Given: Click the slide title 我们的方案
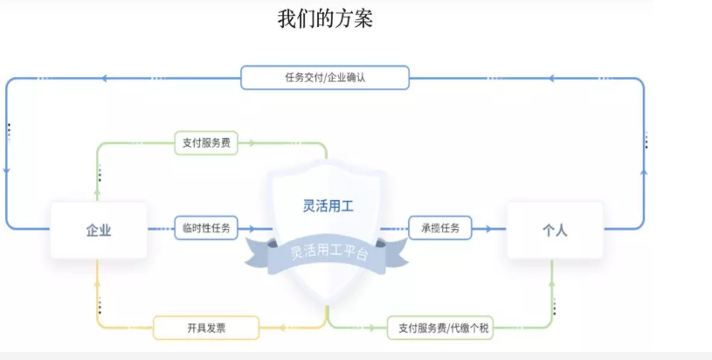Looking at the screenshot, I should point(325,18).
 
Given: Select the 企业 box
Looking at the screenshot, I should point(98,230).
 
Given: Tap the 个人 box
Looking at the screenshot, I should point(555,230).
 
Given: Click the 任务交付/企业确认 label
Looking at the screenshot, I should point(325,78).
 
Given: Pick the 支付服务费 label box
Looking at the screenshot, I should point(206,143).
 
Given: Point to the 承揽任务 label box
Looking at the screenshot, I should point(439,228).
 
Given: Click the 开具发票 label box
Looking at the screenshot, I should point(206,328).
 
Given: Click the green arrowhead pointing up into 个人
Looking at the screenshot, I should point(552,285).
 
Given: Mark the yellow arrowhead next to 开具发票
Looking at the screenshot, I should point(284,328).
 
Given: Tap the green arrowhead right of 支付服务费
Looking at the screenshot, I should point(252,143).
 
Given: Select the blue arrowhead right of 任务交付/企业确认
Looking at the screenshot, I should point(551,79).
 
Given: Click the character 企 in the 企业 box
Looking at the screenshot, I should point(92,230).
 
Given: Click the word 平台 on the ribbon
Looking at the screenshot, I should point(356,253).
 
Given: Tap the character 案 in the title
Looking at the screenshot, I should point(363,18).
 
